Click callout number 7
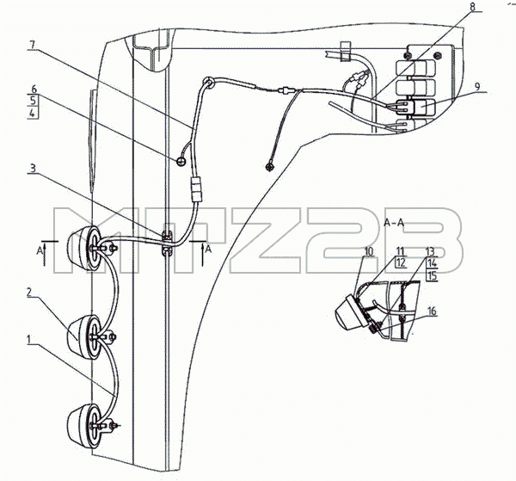point(32,45)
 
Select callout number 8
point(472,7)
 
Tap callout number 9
point(477,87)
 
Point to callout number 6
point(34,89)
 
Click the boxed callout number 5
point(33,101)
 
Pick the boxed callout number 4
point(33,113)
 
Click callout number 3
point(33,169)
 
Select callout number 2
point(29,293)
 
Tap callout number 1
point(29,339)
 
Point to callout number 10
point(369,251)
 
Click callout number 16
point(432,311)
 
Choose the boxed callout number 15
point(432,275)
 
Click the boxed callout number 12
point(400,262)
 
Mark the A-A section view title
point(394,223)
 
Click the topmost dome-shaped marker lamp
point(83,249)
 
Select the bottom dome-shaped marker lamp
point(83,426)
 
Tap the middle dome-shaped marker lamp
point(84,337)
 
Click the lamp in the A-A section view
point(351,312)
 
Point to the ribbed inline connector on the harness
point(197,188)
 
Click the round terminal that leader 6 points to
point(181,161)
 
